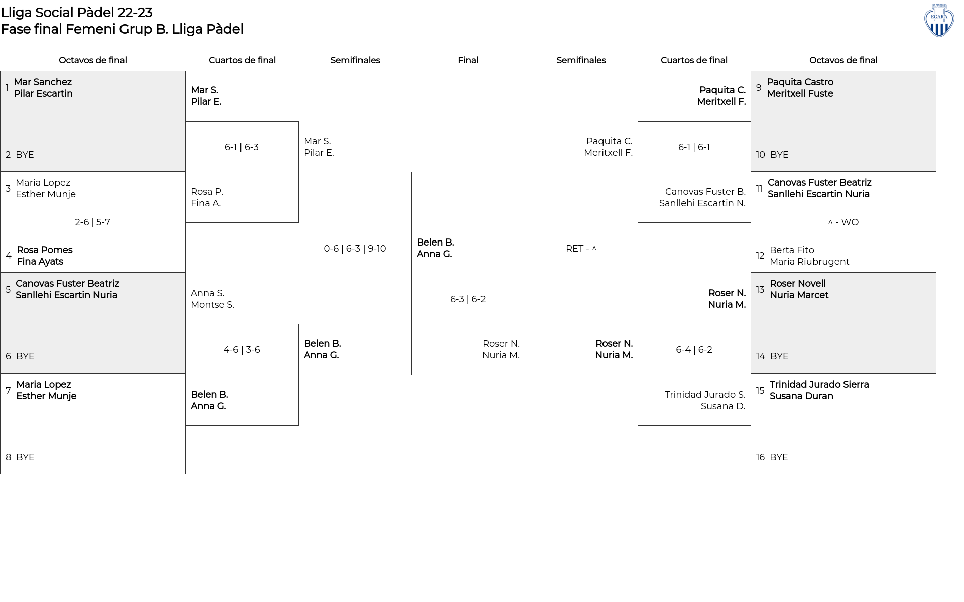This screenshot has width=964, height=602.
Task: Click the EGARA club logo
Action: point(939,20)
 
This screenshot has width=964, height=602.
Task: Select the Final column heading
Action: point(468,60)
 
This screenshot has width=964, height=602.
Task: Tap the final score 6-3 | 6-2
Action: point(468,299)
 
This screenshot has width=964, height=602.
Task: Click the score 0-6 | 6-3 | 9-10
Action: point(355,249)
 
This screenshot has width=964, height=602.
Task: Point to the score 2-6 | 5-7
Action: point(92,222)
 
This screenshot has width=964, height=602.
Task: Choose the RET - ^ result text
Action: point(581,249)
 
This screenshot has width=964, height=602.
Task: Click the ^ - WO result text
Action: point(843,222)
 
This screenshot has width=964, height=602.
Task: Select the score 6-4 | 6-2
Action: point(694,350)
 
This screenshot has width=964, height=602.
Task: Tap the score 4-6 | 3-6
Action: point(242,350)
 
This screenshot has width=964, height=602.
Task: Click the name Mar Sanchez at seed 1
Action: point(43,82)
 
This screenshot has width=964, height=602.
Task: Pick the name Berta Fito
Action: point(792,250)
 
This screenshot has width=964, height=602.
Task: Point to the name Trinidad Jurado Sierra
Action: point(819,385)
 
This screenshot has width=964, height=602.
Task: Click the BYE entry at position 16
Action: point(779,457)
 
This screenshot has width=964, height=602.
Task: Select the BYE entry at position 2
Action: point(25,155)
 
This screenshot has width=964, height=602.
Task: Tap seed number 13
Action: point(760,290)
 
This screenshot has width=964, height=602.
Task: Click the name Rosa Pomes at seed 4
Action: point(45,250)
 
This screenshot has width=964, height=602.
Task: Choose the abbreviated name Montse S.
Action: point(212,305)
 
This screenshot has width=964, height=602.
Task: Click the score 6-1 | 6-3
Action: point(242,147)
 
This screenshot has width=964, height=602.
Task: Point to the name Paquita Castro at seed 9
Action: point(800,82)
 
